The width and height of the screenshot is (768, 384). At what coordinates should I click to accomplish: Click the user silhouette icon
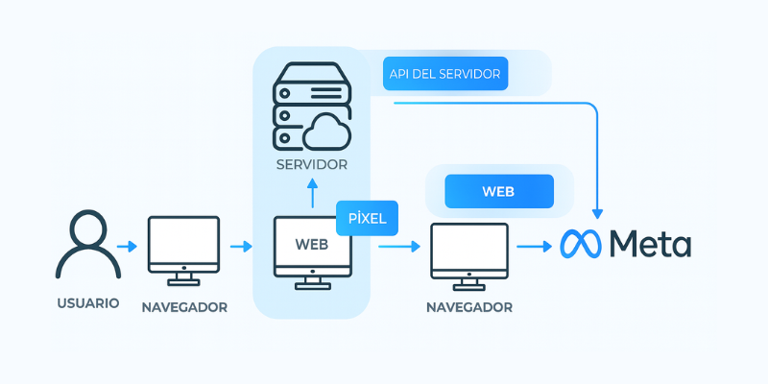click(87, 247)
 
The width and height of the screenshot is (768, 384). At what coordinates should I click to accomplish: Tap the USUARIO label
click(87, 303)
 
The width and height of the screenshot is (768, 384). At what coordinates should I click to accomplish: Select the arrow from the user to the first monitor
click(126, 248)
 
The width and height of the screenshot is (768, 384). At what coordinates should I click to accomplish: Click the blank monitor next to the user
click(184, 248)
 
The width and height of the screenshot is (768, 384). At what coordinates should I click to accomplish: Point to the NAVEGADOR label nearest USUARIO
click(184, 308)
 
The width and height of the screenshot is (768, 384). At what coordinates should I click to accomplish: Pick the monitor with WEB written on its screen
click(312, 248)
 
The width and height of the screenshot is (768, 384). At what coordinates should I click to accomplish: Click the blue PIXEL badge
click(367, 218)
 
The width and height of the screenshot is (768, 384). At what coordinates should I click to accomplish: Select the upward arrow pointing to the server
click(312, 195)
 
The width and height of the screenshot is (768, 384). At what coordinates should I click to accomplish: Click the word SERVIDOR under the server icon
click(312, 165)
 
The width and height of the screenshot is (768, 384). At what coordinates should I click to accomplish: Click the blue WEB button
click(499, 191)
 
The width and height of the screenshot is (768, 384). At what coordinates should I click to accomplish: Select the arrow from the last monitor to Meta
click(534, 248)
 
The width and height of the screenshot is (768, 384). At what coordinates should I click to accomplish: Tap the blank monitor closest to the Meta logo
click(469, 252)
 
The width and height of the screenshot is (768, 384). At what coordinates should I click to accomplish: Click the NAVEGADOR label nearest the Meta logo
click(469, 308)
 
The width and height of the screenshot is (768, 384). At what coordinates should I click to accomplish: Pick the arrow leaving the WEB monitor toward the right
click(398, 248)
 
